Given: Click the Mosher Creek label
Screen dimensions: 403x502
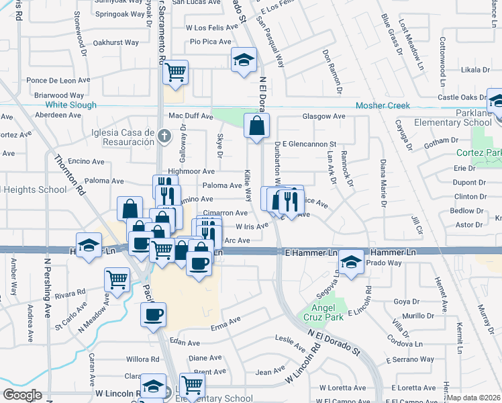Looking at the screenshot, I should [401, 105].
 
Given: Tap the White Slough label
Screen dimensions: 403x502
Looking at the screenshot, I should [71, 105].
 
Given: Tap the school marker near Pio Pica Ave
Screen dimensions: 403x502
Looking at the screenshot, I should [244, 60].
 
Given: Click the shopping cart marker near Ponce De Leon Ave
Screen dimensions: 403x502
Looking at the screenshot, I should [175, 73].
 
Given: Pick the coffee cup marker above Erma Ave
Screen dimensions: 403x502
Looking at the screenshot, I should [153, 314].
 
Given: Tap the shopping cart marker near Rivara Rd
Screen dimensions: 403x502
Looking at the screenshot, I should [117, 279].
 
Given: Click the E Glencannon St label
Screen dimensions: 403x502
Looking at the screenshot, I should [309, 144].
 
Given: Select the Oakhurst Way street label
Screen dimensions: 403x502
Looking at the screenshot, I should [116, 42].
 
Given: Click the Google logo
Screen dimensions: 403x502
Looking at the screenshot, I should [23, 395].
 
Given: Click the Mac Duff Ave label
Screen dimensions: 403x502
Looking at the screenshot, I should [191, 116].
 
